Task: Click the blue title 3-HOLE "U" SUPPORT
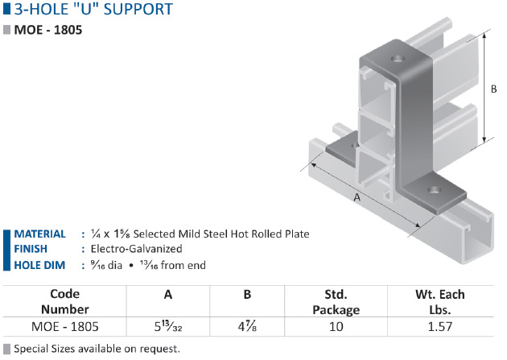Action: pos(93,9)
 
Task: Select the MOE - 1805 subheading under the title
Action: pos(48,30)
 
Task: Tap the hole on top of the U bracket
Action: pos(398,59)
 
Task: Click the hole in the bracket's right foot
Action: pos(435,189)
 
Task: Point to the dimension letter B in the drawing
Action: pos(493,89)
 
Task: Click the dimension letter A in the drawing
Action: pos(357,197)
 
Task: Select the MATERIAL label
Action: pos(39,234)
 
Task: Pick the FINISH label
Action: pos(31,249)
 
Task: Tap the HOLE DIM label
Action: pos(39,265)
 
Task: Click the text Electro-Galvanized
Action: pos(137,249)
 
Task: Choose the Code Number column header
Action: pos(65,301)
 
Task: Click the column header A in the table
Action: pos(168,294)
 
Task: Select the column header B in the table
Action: pos(247,294)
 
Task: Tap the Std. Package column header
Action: pos(336,302)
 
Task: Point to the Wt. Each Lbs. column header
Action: pos(440,302)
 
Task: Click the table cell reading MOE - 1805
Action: pos(65,327)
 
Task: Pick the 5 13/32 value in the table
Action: pos(168,326)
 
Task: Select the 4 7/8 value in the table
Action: pos(247,326)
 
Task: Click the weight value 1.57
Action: pos(440,327)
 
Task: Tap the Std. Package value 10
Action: pos(336,327)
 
